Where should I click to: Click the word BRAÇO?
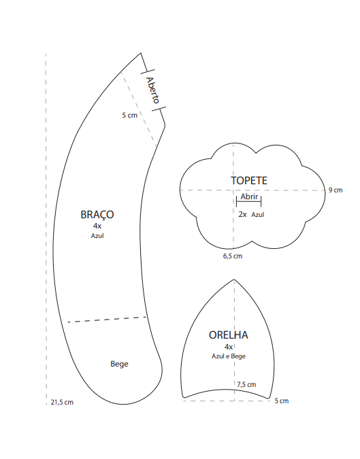click(x=97, y=215)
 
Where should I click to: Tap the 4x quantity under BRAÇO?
click(x=97, y=226)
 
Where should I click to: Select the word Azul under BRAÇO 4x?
click(x=97, y=236)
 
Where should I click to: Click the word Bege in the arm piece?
click(x=119, y=364)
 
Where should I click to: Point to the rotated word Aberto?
click(x=153, y=90)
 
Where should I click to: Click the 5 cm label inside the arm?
click(x=129, y=115)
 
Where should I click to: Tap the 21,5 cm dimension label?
click(x=62, y=402)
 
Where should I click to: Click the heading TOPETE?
click(x=249, y=181)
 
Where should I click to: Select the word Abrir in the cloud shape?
click(x=249, y=197)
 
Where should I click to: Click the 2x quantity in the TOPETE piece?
click(x=242, y=214)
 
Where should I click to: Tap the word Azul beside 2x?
click(x=258, y=215)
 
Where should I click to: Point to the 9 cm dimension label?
click(x=336, y=190)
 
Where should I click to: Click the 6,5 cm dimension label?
click(x=233, y=256)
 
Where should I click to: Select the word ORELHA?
click(x=229, y=335)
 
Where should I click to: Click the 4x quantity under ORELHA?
click(x=229, y=347)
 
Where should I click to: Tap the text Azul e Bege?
click(x=229, y=356)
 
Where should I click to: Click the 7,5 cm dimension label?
click(x=246, y=384)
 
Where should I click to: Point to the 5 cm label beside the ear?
click(x=282, y=401)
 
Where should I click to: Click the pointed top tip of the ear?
click(x=234, y=280)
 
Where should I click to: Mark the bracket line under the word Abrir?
click(x=248, y=201)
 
